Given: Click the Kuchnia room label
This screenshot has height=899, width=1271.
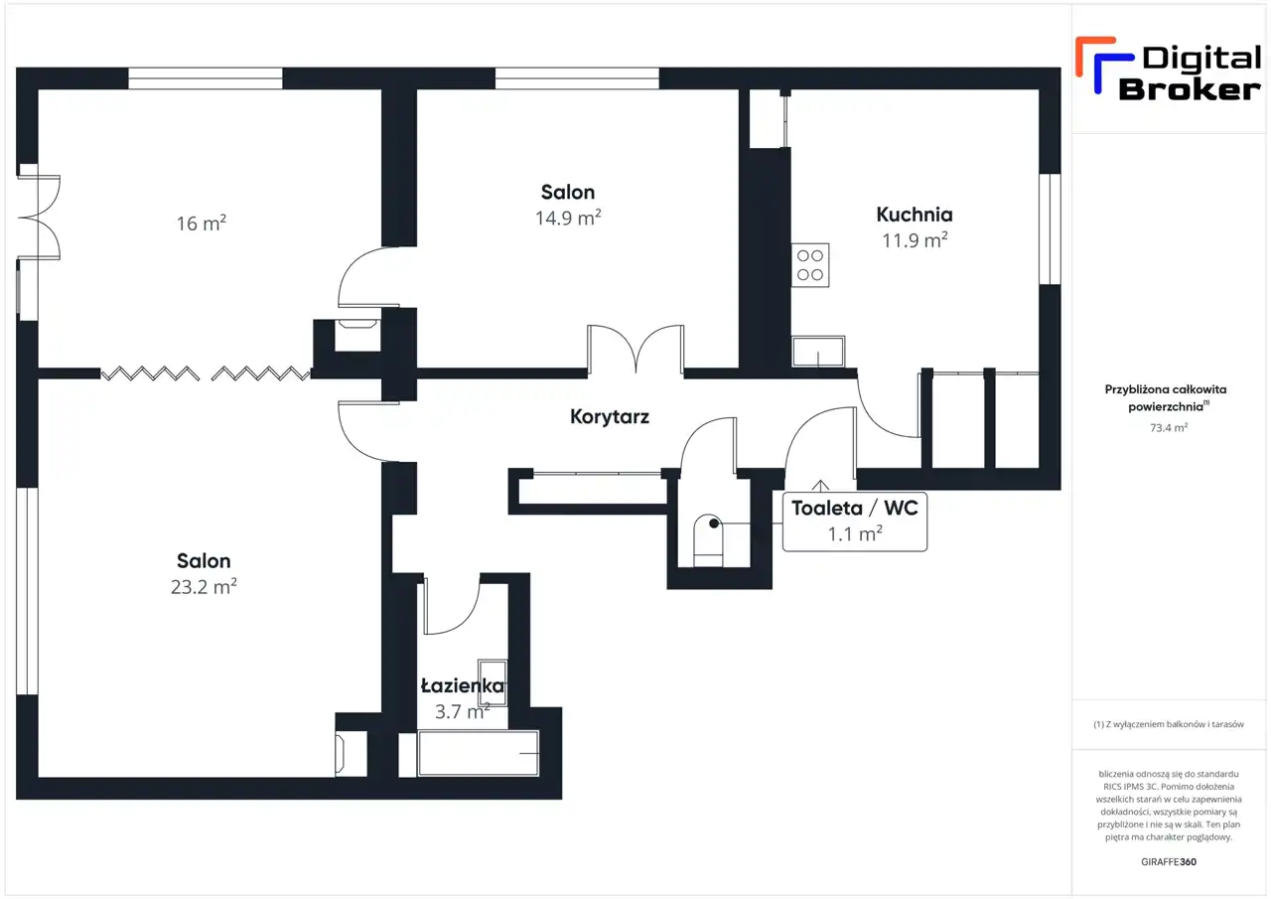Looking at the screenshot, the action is click(x=915, y=215).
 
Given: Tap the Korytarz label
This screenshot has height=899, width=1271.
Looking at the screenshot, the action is click(x=610, y=417).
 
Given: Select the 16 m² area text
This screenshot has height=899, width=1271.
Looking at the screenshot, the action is click(x=201, y=224).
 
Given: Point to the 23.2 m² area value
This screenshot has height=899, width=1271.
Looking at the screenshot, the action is click(x=204, y=586).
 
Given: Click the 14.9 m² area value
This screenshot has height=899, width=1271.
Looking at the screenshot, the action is click(x=568, y=218).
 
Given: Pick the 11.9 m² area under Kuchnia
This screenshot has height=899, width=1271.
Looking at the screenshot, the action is click(x=915, y=240).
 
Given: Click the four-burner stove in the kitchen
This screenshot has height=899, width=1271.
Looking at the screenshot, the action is click(x=810, y=265).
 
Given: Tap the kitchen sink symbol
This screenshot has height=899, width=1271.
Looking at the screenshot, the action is click(x=818, y=352).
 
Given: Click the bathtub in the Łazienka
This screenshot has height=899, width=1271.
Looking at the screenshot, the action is click(x=479, y=754).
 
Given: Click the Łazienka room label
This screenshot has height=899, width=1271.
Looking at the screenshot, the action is click(x=463, y=686).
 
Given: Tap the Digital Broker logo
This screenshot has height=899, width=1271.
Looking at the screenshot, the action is click(x=1168, y=71).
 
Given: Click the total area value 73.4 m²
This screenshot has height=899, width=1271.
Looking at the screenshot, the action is click(x=1169, y=427).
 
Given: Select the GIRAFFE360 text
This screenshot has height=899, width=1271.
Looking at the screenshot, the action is click(x=1169, y=861).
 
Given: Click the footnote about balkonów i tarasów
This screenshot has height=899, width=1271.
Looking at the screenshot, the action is click(x=1169, y=724).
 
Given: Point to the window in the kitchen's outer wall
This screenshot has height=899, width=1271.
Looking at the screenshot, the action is click(x=1050, y=228).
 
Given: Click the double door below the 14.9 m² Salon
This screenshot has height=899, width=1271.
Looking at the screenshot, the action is click(x=635, y=349).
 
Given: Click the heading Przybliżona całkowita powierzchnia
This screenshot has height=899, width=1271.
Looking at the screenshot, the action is click(x=1166, y=398).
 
